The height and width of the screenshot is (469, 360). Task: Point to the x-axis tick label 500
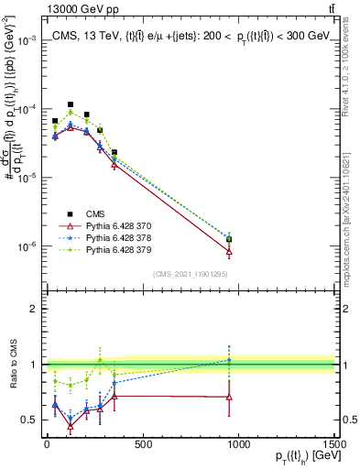point(142,446)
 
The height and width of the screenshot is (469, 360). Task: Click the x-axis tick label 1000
point(238,446)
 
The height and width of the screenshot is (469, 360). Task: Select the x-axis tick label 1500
point(334,446)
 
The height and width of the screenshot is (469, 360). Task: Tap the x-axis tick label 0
point(46,446)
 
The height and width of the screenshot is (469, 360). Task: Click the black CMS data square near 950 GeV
point(229,239)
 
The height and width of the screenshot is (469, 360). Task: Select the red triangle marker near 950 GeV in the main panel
point(229,251)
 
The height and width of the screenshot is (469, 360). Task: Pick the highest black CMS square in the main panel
point(71,105)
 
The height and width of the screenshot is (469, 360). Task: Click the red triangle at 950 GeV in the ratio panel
point(229,397)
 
